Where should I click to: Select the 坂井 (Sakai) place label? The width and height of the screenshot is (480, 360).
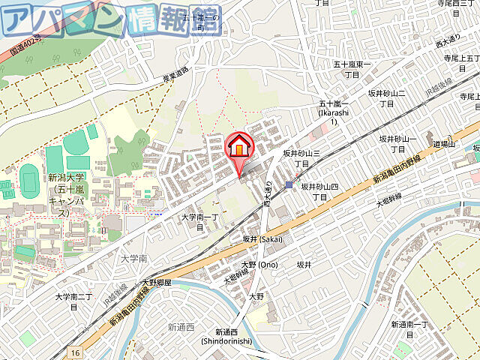pos(262,238)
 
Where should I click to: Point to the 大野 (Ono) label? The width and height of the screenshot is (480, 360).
pos(259,265)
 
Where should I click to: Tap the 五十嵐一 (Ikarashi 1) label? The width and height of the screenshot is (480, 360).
pos(331,112)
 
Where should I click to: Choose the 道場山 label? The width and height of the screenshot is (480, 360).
pos(445,144)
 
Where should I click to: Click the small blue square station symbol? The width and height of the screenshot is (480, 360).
pos(289,184)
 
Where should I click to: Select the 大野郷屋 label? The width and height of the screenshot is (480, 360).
pos(157,283)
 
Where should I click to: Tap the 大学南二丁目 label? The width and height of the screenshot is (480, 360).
pos(73,301)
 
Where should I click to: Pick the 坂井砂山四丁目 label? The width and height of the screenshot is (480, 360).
pos(319,191)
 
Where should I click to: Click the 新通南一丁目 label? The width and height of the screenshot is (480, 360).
pos(409,329)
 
